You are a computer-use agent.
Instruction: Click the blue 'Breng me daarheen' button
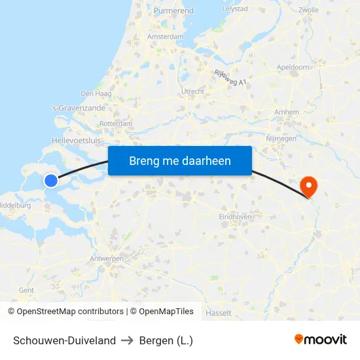pos(180,160)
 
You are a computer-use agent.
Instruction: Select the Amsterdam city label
pos(166,37)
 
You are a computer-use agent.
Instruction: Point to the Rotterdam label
pos(117,123)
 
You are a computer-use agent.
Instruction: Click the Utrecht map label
pos(193,91)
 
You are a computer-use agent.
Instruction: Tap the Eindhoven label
pos(236,216)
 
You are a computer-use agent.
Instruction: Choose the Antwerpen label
pos(107,259)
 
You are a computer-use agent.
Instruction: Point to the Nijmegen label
pos(281,138)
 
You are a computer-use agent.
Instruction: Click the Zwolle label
pos(308,10)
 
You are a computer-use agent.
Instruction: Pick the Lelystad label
pos(234,9)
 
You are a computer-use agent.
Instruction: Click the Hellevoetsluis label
pos(77,140)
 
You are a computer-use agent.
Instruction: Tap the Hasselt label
pos(218,313)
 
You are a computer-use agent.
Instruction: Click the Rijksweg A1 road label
pos(230,78)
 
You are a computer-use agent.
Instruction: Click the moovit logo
pos(321,340)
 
